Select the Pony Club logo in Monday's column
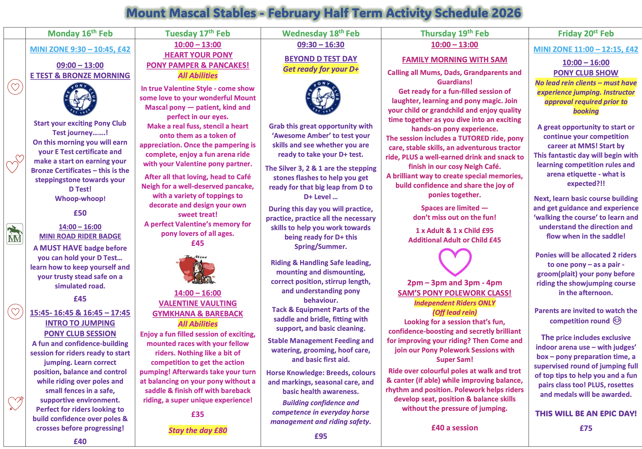[x=80, y=99]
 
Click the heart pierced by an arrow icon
[x=15, y=403]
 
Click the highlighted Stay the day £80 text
[x=198, y=430]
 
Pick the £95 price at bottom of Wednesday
[x=321, y=436]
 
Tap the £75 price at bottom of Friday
[x=586, y=428]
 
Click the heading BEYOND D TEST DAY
[x=321, y=59]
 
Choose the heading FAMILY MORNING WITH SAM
[x=454, y=60]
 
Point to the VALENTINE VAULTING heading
[x=198, y=303]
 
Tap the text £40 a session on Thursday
[x=454, y=428]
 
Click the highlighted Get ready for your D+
[x=321, y=69]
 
